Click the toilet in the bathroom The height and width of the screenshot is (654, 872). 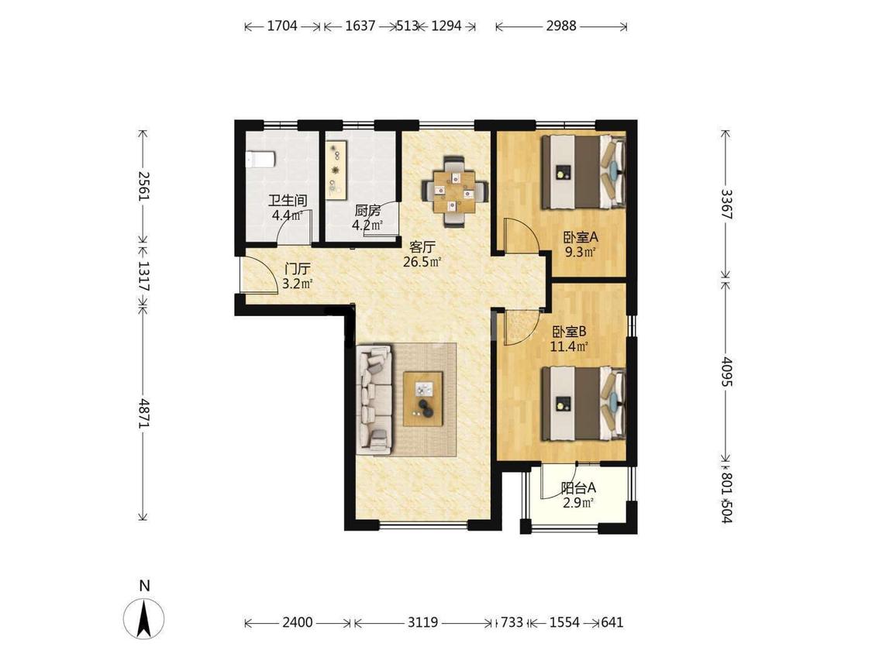click(x=260, y=160)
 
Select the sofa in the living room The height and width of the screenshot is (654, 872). click(x=374, y=399)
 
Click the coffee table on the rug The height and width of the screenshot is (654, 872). click(x=423, y=398)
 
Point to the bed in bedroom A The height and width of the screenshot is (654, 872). click(x=584, y=171)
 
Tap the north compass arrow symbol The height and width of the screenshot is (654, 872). click(x=144, y=618)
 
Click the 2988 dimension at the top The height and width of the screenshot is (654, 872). click(x=561, y=26)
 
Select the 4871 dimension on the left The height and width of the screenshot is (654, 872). click(x=144, y=413)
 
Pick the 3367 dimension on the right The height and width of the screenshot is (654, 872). click(x=726, y=204)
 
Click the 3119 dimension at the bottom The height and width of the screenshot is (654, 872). click(x=422, y=622)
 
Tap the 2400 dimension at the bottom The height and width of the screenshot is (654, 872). click(x=298, y=622)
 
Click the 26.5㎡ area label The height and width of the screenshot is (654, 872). click(x=422, y=262)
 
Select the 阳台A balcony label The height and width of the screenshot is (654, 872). click(x=578, y=488)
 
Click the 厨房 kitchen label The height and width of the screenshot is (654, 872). click(x=367, y=211)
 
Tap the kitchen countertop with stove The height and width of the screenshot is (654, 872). click(x=336, y=170)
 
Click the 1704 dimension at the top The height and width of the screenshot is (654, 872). click(x=282, y=26)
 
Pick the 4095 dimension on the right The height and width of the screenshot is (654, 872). click(x=726, y=372)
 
